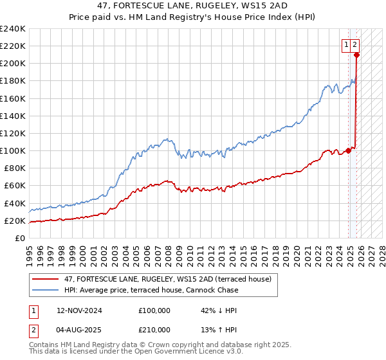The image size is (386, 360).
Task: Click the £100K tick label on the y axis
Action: coord(13,151)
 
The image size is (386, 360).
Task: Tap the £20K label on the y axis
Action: coord(15,221)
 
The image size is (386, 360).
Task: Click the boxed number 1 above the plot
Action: coord(346,45)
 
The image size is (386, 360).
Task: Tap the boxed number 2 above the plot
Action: coord(354,45)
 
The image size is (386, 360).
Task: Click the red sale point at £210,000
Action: coord(356,55)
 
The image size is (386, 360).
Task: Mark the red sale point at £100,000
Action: coord(349,150)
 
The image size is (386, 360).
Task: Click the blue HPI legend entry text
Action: coord(151,290)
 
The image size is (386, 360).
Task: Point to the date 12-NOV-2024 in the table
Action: coord(79,310)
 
